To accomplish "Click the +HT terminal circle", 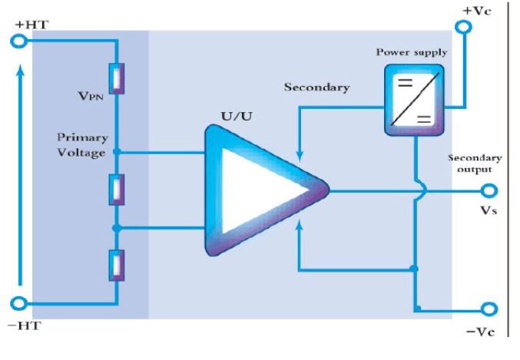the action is (18, 41).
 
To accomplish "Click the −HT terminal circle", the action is (18, 303).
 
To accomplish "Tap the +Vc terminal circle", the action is (463, 27).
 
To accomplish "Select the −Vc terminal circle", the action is (489, 309).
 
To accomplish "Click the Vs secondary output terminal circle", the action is (489, 191).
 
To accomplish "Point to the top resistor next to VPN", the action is (117, 78).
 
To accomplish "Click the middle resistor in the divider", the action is (117, 190).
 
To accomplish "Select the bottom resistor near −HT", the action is (117, 266).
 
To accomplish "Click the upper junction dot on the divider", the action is (117, 152).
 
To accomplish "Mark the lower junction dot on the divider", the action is (117, 228).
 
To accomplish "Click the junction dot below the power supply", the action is (414, 269).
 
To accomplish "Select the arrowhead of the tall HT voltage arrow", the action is (21, 71).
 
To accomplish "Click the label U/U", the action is (236, 117).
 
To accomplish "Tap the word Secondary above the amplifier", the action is (316, 88).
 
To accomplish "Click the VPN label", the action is (91, 96).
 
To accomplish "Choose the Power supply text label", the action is (411, 52).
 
